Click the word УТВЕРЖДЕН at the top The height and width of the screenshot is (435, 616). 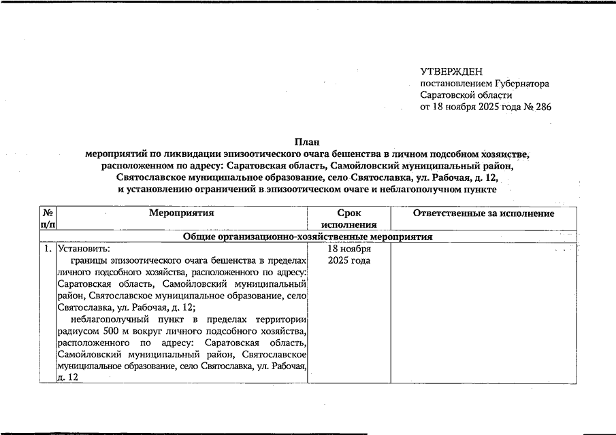[451, 71]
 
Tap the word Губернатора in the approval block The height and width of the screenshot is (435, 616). [521, 84]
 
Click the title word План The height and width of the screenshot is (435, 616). [307, 142]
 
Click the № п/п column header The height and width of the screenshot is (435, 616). [48, 219]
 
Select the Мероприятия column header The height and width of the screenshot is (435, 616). [182, 213]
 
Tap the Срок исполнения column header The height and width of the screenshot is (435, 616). [349, 219]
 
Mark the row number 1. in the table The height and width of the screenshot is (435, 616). [48, 248]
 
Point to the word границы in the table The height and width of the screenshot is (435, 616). [89, 260]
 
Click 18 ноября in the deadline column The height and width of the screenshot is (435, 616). [349, 248]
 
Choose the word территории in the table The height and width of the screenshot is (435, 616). [282, 319]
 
